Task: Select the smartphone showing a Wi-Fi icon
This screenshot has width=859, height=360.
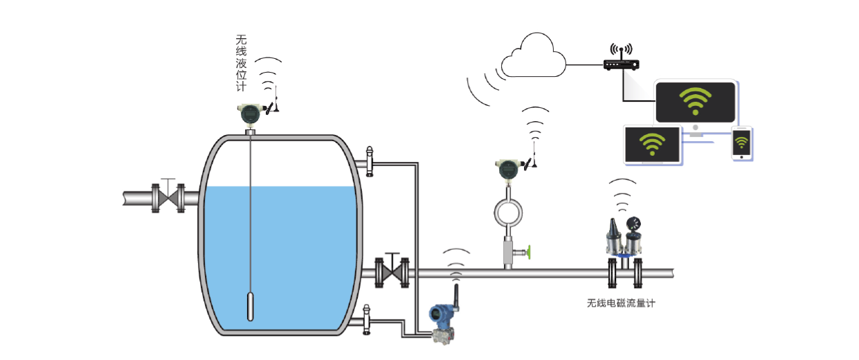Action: click(741, 144)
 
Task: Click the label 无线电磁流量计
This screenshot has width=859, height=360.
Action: click(620, 303)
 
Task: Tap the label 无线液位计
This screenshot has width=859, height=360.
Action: click(241, 63)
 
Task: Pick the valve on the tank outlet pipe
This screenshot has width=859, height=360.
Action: click(392, 271)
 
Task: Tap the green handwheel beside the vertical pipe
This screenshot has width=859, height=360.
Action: click(528, 251)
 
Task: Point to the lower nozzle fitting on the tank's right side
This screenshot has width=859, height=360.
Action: click(366, 320)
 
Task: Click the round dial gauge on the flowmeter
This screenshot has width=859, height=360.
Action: click(631, 224)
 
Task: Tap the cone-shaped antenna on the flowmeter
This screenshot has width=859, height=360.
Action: click(613, 228)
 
